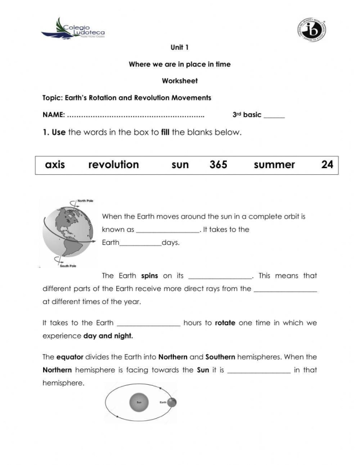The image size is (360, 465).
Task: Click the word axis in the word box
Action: (55, 165)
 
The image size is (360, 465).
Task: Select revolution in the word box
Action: (114, 165)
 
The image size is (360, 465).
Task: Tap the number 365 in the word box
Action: (219, 165)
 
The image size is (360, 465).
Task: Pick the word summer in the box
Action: (274, 165)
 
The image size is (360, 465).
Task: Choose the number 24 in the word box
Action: (327, 165)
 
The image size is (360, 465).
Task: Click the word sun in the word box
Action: (180, 165)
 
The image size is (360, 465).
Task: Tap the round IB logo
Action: (312, 29)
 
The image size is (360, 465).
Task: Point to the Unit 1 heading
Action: (179, 47)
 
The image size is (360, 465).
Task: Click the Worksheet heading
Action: (179, 81)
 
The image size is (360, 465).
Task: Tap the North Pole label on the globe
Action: (85, 201)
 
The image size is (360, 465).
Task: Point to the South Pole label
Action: (68, 266)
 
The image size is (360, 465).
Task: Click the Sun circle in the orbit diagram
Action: (138, 402)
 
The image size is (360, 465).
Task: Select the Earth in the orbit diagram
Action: (171, 402)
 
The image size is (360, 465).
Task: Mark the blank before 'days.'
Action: (140, 244)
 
